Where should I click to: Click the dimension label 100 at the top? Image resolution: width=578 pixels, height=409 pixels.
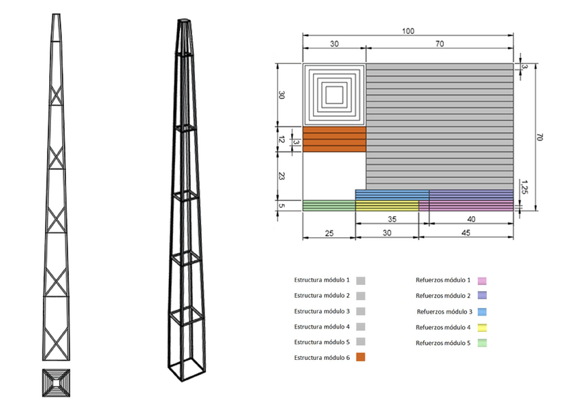coord(408,31)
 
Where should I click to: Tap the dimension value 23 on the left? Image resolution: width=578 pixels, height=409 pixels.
coord(282,176)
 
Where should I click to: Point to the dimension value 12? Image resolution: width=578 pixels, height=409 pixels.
coord(282,140)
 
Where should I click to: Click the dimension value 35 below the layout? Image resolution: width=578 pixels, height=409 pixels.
coord(392,219)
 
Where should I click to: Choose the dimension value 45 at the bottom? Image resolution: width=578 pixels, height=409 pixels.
coord(466,232)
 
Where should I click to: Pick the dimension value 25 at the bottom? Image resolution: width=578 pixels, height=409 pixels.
coord(329,233)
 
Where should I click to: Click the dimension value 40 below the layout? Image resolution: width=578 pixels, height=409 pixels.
coord(471,219)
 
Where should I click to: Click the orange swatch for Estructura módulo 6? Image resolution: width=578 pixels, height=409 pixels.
coord(361,357)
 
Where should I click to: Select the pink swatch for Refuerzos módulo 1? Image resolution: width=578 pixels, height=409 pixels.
coord(482,281)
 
